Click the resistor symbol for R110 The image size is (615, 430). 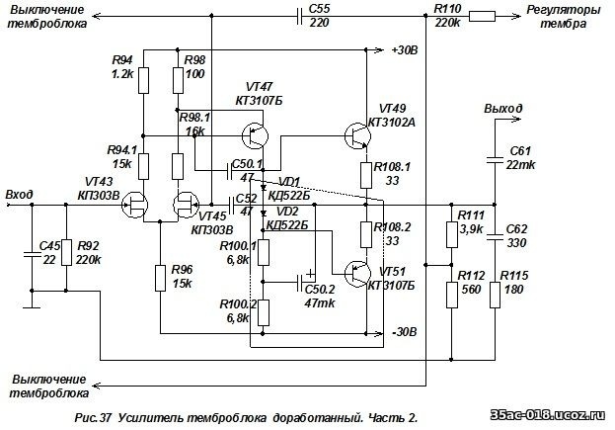coord(482,17)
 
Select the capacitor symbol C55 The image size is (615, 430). coord(300,17)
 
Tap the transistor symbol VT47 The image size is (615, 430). coord(255,135)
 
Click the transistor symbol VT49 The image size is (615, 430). coord(357,135)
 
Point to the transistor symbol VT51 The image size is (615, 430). coord(357,273)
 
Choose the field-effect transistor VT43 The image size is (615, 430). coord(134,205)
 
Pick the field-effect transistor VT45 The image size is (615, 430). coord(186,205)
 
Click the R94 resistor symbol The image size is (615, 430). coord(143,80)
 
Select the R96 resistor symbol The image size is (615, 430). coord(160,278)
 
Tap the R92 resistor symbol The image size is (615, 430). coord(66,252)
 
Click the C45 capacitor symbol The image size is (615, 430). coord(33,254)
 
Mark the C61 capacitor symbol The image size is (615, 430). coord(495,159)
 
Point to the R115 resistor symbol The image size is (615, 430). coord(495,295)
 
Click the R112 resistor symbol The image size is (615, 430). coord(452,295)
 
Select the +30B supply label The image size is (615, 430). coord(405,50)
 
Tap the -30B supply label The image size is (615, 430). coord(405,332)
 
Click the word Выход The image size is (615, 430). coord(502,109)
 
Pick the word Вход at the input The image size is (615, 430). coord(19,195)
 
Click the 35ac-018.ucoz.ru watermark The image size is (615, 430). coord(548,415)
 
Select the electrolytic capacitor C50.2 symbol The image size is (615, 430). coord(300,282)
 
